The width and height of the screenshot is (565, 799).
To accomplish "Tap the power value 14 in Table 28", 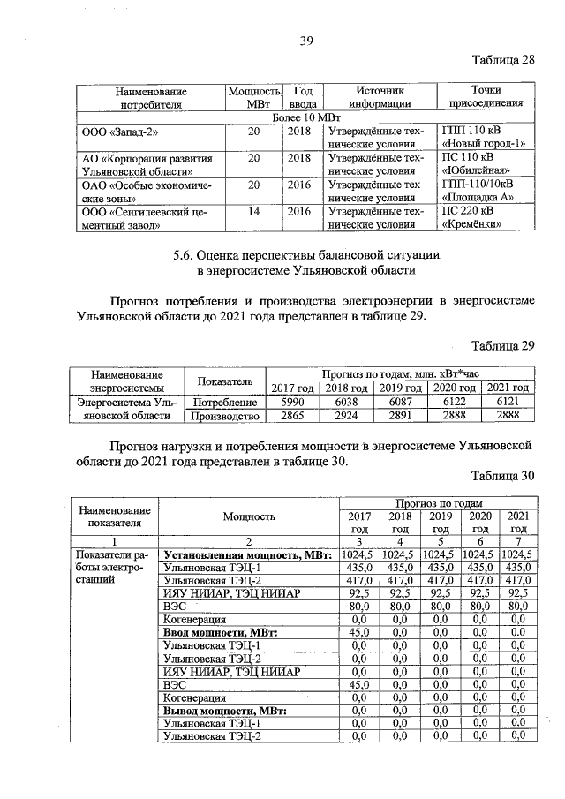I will click(254, 211).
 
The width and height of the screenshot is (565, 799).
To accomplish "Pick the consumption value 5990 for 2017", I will click(291, 401).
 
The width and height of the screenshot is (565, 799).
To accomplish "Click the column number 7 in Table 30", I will click(517, 541).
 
